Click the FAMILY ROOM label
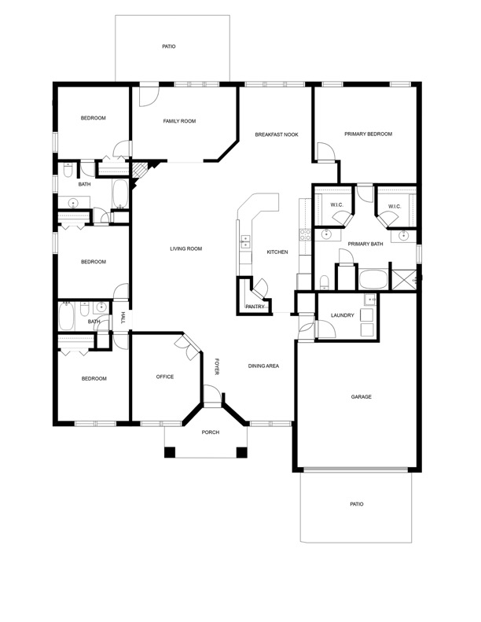coord(179,121)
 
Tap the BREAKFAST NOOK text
coord(277,134)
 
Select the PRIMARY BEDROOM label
coord(368,134)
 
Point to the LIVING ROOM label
coord(186,248)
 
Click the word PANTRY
coord(255,307)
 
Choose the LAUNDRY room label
coord(342,315)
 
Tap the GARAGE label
coord(362,396)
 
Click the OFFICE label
coord(165,377)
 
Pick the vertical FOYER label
coord(217,366)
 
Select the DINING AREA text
coord(263,366)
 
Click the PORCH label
coord(210,432)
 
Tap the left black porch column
coord(170,452)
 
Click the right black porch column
coord(241,452)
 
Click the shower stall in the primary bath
coord(404,280)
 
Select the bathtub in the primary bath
coord(373,279)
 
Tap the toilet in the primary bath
coord(325,282)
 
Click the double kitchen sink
coord(244,241)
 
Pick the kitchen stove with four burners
coord(305,235)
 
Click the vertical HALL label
coord(123,318)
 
